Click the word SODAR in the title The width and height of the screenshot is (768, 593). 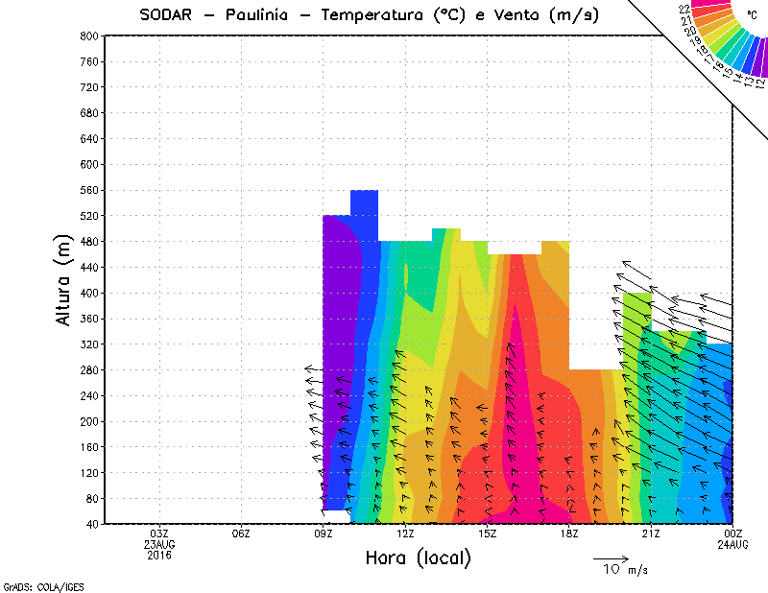169,15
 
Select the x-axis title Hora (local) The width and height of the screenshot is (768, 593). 419,558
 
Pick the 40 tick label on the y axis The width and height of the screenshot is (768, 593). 90,524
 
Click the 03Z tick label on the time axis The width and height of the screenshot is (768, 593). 160,534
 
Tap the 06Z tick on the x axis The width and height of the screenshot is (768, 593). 242,534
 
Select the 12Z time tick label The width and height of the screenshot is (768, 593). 406,534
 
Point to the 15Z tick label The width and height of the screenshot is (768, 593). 488,534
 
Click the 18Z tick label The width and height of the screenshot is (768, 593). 569,534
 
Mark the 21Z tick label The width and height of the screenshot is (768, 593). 651,534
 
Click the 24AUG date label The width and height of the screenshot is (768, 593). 733,544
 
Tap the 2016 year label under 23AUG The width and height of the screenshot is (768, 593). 160,555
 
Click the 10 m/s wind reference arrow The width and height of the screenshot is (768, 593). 610,557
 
